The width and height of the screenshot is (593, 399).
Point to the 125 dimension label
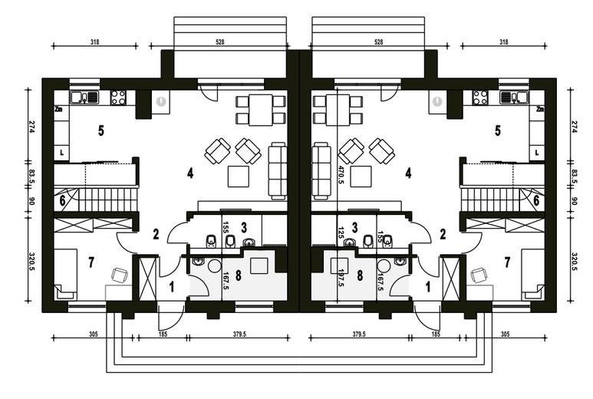pyautogui.click(x=341, y=232)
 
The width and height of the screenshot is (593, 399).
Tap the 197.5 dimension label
pyautogui.click(x=341, y=277)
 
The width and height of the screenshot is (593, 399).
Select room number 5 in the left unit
pyautogui.click(x=101, y=131)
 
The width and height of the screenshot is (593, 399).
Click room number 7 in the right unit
pyautogui.click(x=507, y=262)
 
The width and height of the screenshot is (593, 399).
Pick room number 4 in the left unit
pyautogui.click(x=190, y=173)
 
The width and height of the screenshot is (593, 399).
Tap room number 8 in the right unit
pyautogui.click(x=360, y=275)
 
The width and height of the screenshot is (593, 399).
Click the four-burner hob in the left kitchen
pyautogui.click(x=118, y=97)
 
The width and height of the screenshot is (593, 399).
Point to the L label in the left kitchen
pyautogui.click(x=62, y=153)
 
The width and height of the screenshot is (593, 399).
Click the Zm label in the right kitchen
pyautogui.click(x=540, y=109)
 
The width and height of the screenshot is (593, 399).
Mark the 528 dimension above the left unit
pyautogui.click(x=219, y=42)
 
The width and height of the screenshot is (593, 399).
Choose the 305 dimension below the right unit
pyautogui.click(x=505, y=334)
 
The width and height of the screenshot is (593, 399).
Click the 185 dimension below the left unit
pyautogui.click(x=163, y=334)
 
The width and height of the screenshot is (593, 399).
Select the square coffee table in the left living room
pyautogui.click(x=239, y=176)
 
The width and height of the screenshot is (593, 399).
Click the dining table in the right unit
pyautogui.click(x=338, y=110)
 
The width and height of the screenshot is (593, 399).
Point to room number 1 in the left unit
pyautogui.click(x=171, y=287)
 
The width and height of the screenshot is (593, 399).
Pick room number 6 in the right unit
pyautogui.click(x=536, y=200)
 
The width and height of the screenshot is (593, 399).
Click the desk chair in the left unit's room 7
pyautogui.click(x=120, y=275)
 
